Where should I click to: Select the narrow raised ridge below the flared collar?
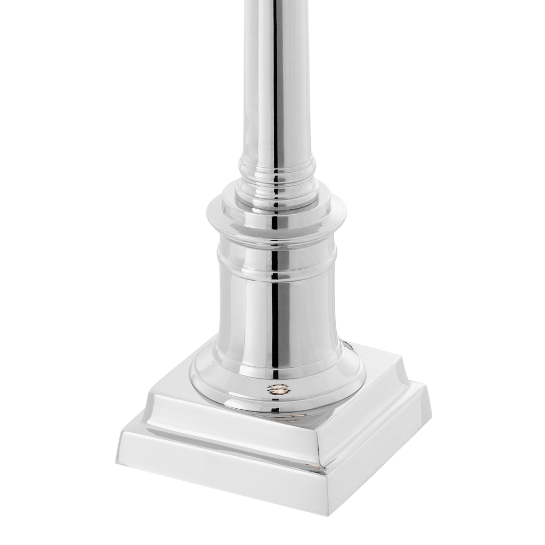tap(276, 254)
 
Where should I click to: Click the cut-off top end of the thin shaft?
tap(277, 3)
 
